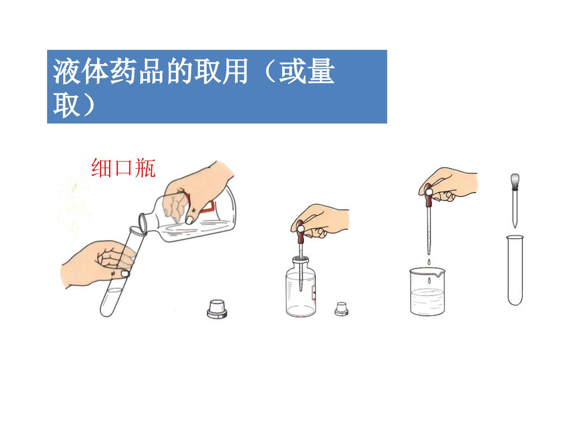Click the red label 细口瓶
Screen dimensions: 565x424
(x=123, y=168)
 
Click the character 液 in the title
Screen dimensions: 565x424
(x=67, y=71)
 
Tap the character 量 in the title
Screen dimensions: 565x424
(x=321, y=71)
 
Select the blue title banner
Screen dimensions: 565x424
(x=217, y=86)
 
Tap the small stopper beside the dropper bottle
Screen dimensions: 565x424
(x=341, y=309)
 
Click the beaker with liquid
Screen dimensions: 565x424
(x=427, y=291)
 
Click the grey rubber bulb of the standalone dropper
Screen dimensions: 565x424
(x=514, y=181)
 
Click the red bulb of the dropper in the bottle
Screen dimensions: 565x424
(x=301, y=232)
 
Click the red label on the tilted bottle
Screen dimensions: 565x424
(x=203, y=205)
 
